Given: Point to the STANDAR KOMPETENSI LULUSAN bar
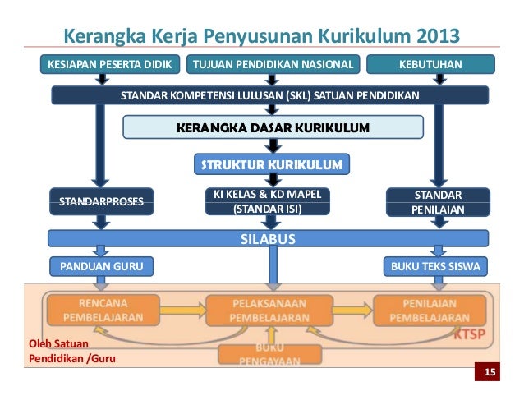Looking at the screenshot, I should pyautogui.click(x=270, y=95).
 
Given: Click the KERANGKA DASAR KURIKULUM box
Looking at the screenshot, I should pyautogui.click(x=273, y=127).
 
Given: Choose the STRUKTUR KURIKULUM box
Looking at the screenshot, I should pyautogui.click(x=272, y=164).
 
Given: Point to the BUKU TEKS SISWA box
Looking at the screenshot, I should pyautogui.click(x=436, y=266).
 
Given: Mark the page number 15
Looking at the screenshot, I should pyautogui.click(x=490, y=375).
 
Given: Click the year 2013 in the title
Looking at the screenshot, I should pyautogui.click(x=427, y=37).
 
